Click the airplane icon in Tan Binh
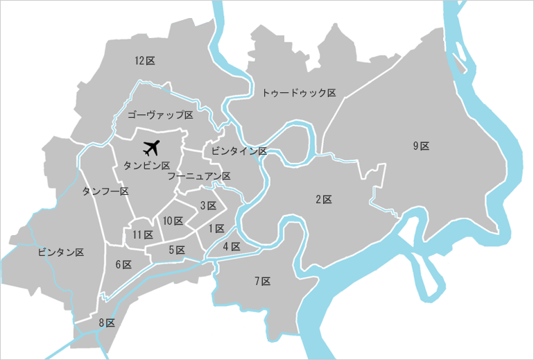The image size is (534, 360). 151,147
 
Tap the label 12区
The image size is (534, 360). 145,61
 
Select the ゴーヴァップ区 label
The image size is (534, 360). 160,114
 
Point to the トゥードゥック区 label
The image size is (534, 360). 299,92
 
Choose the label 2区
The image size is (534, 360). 324,200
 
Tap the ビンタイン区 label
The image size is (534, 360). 239,151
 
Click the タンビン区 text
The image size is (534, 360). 146,166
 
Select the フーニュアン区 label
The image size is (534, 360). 199,176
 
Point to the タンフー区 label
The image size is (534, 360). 105,191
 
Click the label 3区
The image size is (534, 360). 208,205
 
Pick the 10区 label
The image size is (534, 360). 173,221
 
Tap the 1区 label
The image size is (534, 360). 216,228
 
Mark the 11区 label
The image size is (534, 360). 143,235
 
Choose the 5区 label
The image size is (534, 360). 177,250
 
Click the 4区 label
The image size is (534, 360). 232,246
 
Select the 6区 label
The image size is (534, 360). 123,264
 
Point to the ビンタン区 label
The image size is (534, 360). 61,252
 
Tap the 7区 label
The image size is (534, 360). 262,281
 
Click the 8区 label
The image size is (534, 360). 106,323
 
